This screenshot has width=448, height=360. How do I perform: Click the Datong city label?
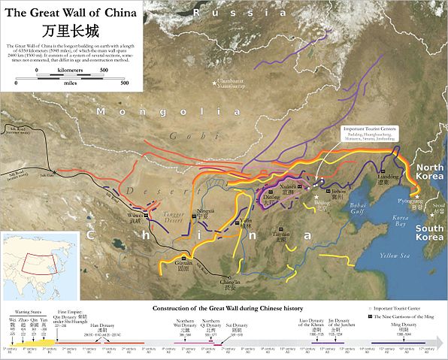click(x=268, y=201)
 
